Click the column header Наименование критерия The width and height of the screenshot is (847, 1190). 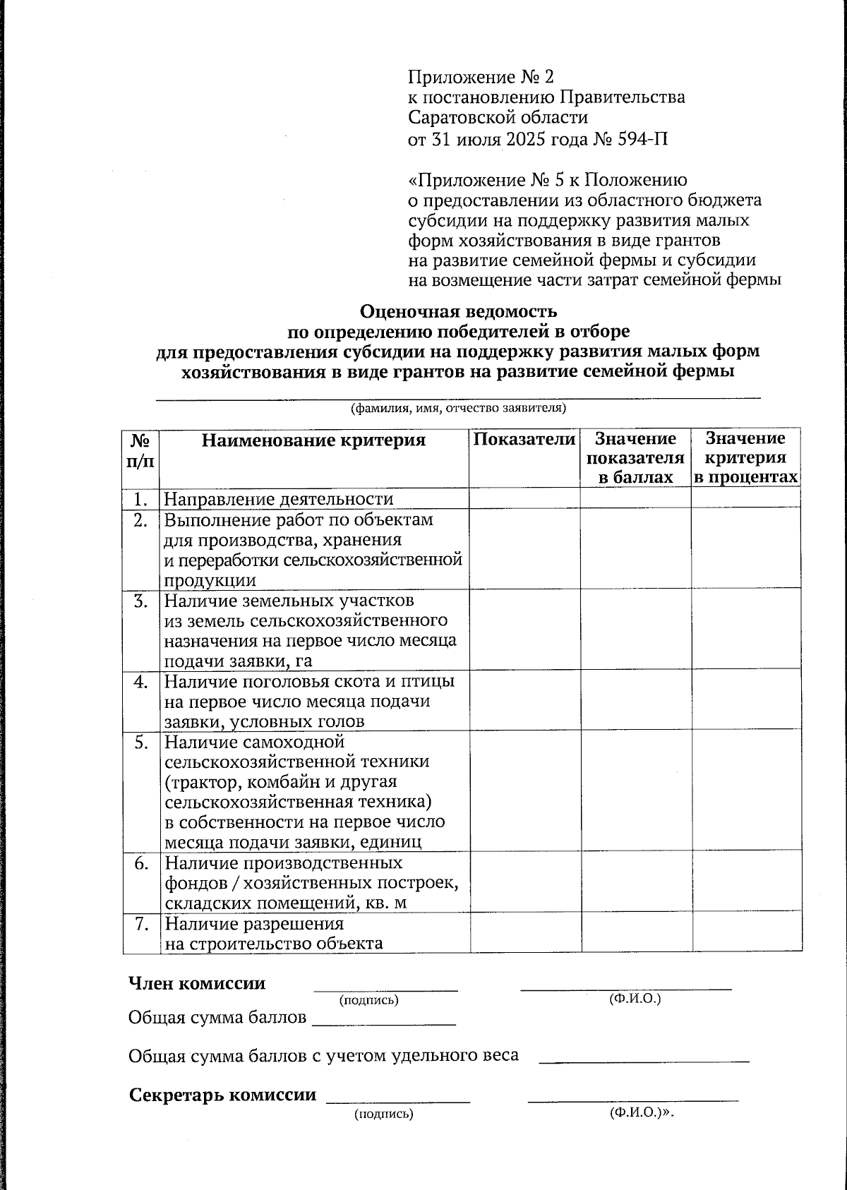(x=314, y=440)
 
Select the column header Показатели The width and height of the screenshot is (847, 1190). (x=524, y=439)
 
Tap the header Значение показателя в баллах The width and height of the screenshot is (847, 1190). (x=635, y=458)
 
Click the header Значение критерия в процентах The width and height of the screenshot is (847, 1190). (x=745, y=458)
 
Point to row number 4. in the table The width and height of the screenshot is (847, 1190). (x=141, y=682)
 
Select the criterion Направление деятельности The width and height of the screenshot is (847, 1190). (x=278, y=499)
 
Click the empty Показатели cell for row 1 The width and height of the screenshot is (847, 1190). (x=524, y=498)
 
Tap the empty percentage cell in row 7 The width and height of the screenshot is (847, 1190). (x=747, y=933)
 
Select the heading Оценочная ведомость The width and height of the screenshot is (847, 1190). (x=459, y=311)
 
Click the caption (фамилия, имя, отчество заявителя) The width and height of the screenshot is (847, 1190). (x=459, y=408)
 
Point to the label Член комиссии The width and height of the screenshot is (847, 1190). (x=197, y=983)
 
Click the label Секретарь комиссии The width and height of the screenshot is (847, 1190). (x=222, y=1095)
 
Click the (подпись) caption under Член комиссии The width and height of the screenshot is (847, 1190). (x=368, y=1000)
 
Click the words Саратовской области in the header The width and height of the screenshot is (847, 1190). (x=498, y=117)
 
